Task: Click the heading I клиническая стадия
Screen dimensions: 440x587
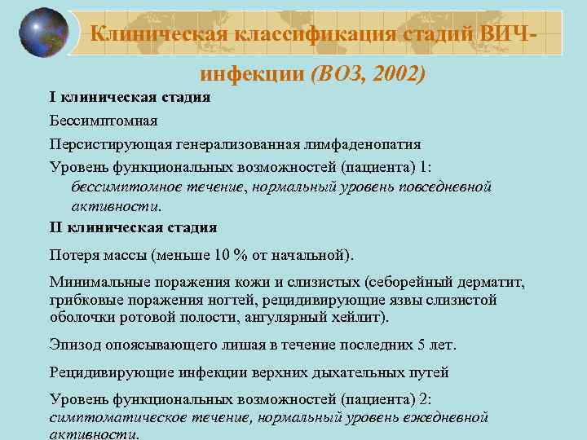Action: click(x=130, y=98)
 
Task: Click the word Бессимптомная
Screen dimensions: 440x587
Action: click(x=103, y=121)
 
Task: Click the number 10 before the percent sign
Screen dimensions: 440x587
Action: click(x=223, y=254)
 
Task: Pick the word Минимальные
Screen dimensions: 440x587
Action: click(x=98, y=283)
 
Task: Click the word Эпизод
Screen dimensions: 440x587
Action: click(x=74, y=344)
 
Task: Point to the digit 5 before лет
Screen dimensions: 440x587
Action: click(x=421, y=344)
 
